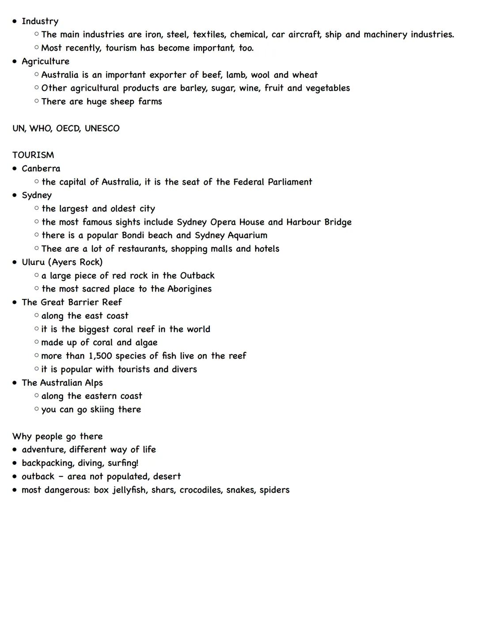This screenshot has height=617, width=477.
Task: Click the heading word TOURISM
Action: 33,155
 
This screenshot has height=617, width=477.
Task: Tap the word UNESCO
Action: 102,129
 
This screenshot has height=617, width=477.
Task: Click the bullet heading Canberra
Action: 41,168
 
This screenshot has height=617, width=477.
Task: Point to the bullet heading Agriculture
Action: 45,61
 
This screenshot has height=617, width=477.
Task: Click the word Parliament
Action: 290,182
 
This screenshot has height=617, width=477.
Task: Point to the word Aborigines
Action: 189,289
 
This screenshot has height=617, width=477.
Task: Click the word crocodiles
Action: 201,490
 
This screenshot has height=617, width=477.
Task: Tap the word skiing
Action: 102,410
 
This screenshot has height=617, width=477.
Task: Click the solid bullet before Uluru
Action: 15,262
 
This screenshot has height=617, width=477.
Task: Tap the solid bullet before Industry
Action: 15,21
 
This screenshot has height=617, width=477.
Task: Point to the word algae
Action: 147,343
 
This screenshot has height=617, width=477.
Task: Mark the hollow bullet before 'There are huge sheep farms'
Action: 36,102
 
